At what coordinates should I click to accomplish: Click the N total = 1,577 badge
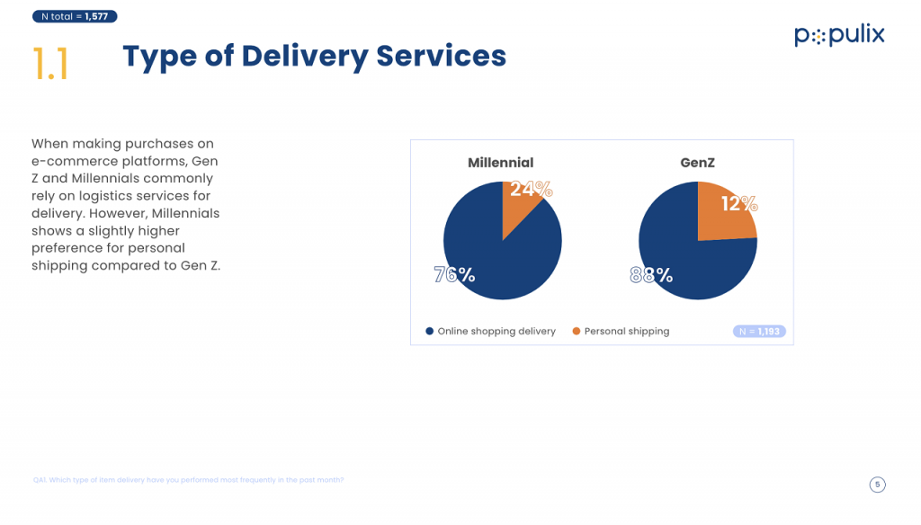click(74, 16)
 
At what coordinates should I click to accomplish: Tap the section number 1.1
click(51, 64)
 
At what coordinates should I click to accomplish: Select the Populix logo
click(839, 36)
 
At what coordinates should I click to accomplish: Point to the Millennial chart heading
click(500, 163)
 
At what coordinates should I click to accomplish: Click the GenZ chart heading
click(697, 163)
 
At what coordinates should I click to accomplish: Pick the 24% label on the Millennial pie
click(531, 189)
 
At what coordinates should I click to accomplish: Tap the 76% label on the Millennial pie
click(454, 275)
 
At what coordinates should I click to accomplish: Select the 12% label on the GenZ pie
click(738, 204)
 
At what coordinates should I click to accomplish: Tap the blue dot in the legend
click(430, 332)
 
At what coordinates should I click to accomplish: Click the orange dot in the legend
click(577, 332)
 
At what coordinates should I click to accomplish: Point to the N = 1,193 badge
click(760, 332)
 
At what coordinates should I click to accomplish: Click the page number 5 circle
click(878, 485)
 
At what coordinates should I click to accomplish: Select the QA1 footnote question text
click(188, 480)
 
